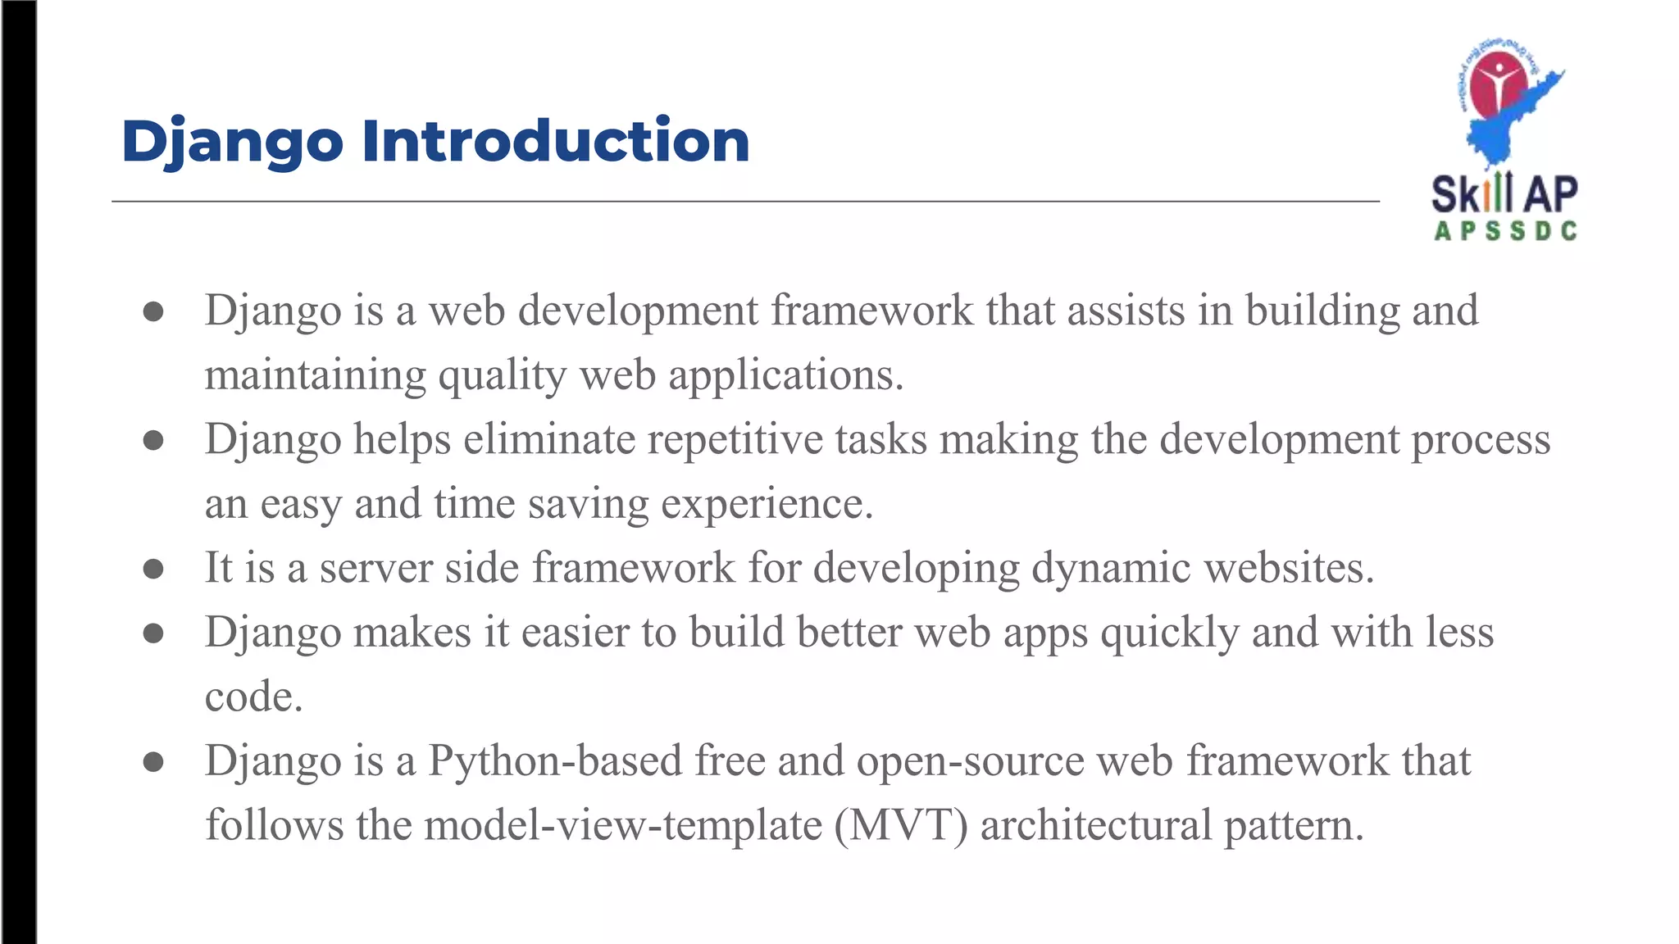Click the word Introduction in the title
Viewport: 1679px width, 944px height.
(x=555, y=141)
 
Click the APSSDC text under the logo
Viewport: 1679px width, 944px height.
(x=1505, y=232)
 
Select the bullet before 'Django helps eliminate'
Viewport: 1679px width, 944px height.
(x=153, y=440)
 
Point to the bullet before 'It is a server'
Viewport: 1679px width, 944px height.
(x=153, y=569)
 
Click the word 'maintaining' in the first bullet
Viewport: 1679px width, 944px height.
(x=315, y=376)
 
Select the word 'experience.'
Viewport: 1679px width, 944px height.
(x=767, y=504)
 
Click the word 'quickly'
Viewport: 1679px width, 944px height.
(x=1170, y=633)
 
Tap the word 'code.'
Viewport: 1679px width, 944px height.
(x=253, y=697)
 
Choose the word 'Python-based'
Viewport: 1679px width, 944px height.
(x=555, y=761)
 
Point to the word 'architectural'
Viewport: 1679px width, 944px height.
(x=1095, y=825)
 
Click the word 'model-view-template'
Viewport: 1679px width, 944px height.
(x=623, y=825)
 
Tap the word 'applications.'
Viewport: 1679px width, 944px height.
(x=785, y=376)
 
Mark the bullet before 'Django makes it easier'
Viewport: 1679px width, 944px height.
(x=153, y=633)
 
